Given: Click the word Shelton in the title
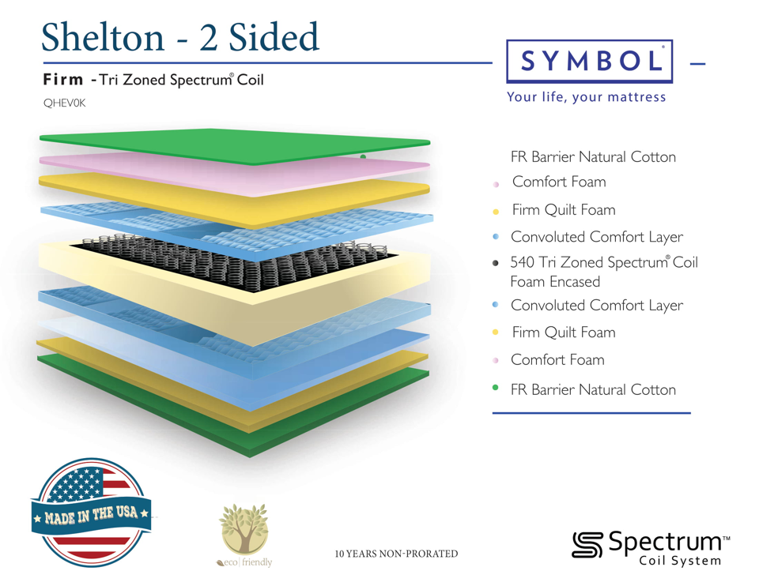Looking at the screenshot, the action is click(103, 37).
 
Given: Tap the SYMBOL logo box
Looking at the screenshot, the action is click(589, 62).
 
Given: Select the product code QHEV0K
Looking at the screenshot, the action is click(64, 103).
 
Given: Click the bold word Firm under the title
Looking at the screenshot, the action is click(63, 79).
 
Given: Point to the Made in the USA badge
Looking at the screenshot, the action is click(92, 513).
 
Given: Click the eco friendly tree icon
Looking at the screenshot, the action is click(244, 529).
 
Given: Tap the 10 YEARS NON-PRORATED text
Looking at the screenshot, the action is click(396, 554).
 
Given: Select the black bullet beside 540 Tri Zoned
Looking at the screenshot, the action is click(495, 263).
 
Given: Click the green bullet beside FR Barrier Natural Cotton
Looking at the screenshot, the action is click(495, 387).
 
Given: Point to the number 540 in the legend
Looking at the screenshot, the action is click(522, 262).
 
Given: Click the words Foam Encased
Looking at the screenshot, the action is click(555, 281).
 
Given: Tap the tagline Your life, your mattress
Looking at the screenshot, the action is click(586, 97).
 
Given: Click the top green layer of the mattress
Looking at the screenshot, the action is click(235, 145).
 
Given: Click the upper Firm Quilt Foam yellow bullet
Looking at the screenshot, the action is click(495, 212).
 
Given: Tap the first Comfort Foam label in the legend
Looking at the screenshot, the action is click(559, 182).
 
